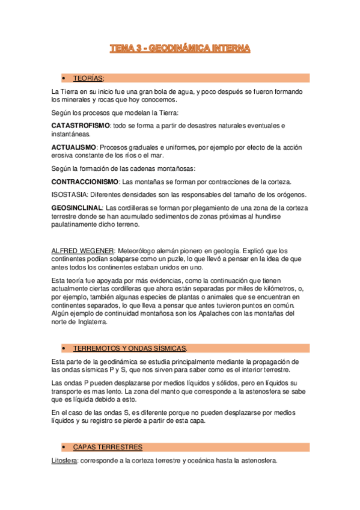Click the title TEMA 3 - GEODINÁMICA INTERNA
click(x=180, y=48)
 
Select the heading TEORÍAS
click(x=88, y=78)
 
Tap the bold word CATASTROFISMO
click(x=81, y=125)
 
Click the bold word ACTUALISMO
click(x=74, y=147)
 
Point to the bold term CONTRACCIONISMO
click(x=85, y=181)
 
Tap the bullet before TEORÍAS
click(x=63, y=78)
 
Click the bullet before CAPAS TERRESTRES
click(x=63, y=447)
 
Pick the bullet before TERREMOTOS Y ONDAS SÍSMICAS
click(x=63, y=349)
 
